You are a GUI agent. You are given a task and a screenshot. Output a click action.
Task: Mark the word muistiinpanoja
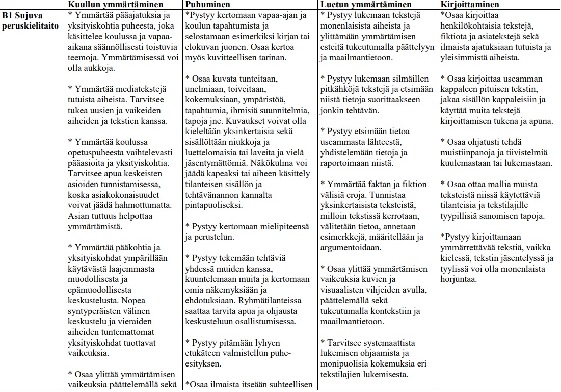point(472,152)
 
